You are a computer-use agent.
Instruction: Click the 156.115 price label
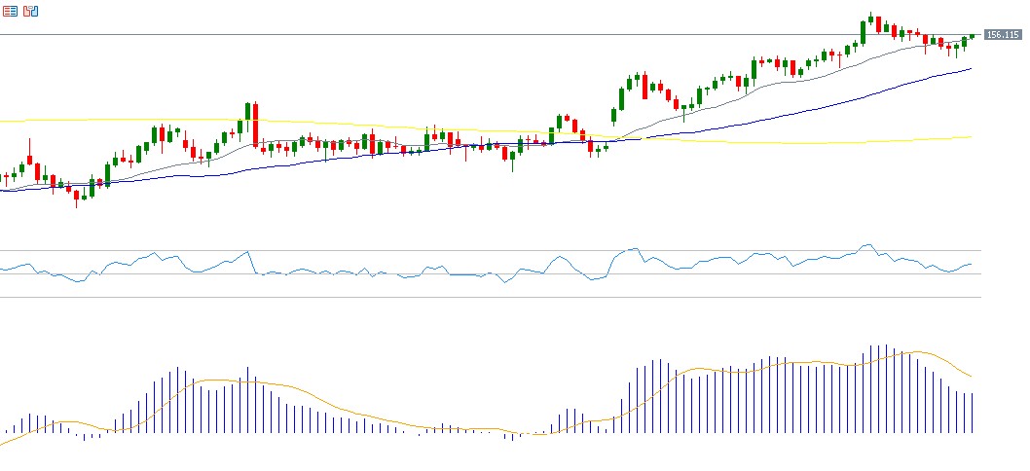(x=1003, y=35)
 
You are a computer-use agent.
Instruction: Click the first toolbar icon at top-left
(x=10, y=12)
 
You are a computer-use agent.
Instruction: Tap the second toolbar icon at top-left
(x=30, y=12)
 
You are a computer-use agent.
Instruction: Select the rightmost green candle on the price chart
(x=972, y=36)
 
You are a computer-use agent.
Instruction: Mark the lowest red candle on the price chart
(x=76, y=198)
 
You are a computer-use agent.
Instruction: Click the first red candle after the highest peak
(x=879, y=24)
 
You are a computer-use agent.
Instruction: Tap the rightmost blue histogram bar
(x=972, y=413)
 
